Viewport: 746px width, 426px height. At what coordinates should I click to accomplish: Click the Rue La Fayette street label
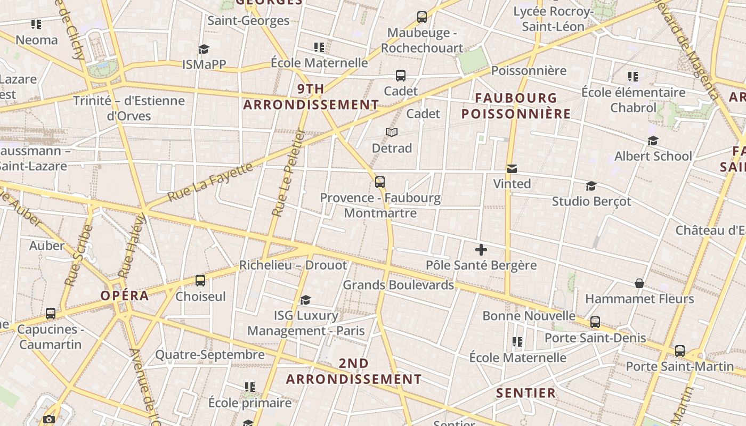(210, 182)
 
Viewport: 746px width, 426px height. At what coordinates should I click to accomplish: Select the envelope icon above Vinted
(512, 169)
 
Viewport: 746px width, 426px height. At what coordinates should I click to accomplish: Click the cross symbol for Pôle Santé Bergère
(481, 249)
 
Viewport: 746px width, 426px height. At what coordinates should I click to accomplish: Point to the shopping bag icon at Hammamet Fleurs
(639, 283)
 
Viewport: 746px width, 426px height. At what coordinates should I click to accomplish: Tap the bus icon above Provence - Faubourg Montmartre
(380, 182)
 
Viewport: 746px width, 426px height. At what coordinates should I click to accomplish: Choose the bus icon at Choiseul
(200, 281)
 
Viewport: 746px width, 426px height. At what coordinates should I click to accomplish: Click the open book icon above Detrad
(392, 132)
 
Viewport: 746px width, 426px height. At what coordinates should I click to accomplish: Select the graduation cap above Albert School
(653, 141)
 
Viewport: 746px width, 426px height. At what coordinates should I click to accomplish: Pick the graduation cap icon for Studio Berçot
(591, 186)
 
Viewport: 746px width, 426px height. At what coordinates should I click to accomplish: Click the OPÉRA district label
(125, 296)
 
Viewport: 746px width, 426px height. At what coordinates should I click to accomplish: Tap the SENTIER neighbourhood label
(526, 393)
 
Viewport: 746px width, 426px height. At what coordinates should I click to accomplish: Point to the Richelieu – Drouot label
(293, 265)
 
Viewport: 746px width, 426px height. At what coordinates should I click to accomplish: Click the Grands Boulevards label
(398, 285)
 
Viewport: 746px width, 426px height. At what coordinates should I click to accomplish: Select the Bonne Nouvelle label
(529, 316)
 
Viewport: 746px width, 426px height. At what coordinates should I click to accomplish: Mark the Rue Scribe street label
(79, 256)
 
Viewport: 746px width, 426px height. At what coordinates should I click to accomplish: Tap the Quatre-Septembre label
(210, 355)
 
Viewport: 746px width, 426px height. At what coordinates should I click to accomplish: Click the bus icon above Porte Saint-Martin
(680, 351)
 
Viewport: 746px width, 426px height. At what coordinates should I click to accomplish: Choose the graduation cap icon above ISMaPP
(204, 50)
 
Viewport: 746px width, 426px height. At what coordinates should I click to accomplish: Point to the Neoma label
(37, 40)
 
